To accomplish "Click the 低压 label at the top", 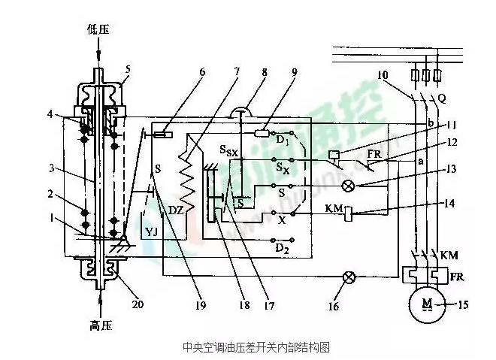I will tap(98, 29).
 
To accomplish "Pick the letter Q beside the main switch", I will tap(443, 98).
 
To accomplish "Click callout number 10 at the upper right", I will tap(383, 75).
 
